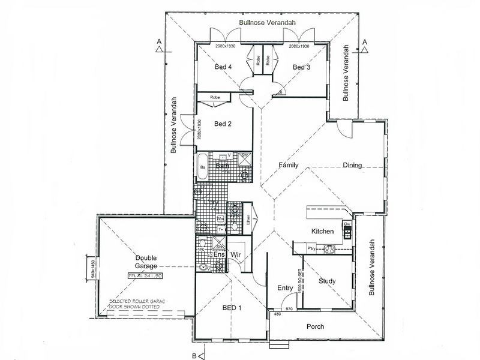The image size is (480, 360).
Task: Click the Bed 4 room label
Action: click(223, 68)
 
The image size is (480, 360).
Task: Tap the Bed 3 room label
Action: click(301, 68)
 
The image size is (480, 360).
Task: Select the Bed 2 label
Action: click(223, 124)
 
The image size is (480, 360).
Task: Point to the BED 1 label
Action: click(232, 307)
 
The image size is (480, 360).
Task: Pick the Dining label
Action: click(352, 166)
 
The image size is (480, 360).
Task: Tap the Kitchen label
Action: click(322, 231)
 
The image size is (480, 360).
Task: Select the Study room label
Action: click(327, 281)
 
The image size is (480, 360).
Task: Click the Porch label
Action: click(314, 327)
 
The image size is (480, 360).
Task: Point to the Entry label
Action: click(285, 289)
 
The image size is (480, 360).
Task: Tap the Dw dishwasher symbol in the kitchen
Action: click(347, 225)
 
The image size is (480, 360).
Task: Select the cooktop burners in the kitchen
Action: click(330, 248)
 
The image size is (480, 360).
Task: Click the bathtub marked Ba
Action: click(203, 167)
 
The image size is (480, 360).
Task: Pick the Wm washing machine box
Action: click(220, 218)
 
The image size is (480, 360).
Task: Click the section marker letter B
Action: click(194, 356)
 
